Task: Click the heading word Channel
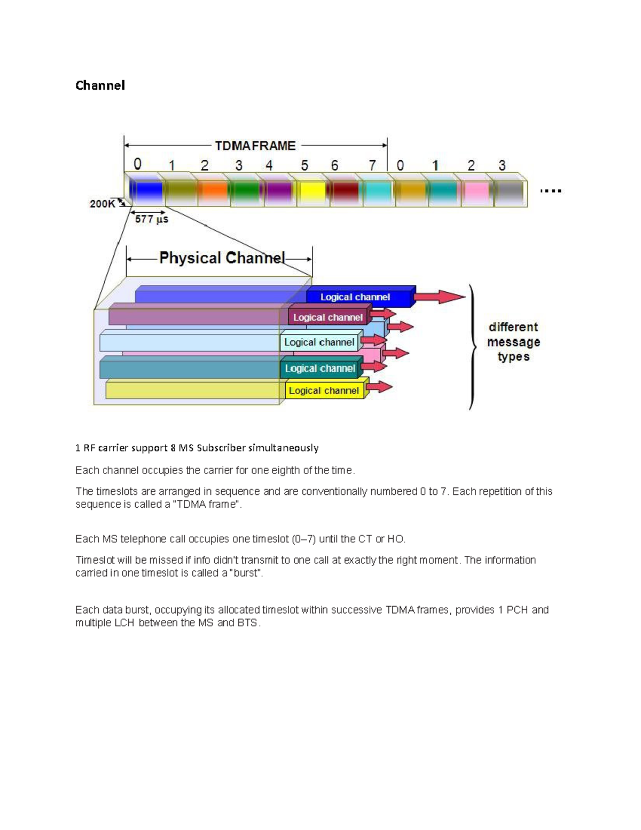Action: pos(100,86)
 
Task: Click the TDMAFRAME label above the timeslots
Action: pos(255,146)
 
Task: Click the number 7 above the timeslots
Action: pos(372,166)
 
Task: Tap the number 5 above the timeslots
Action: pos(304,166)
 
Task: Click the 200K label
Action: pos(102,204)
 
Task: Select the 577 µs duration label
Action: pos(152,219)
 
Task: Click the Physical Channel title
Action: pos(222,258)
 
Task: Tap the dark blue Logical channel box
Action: pos(355,297)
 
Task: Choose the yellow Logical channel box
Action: pos(324,391)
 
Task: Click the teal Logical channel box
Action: pos(319,368)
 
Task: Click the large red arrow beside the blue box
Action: pos(440,297)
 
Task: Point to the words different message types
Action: pos(513,342)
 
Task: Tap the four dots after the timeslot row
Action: pos(550,191)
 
